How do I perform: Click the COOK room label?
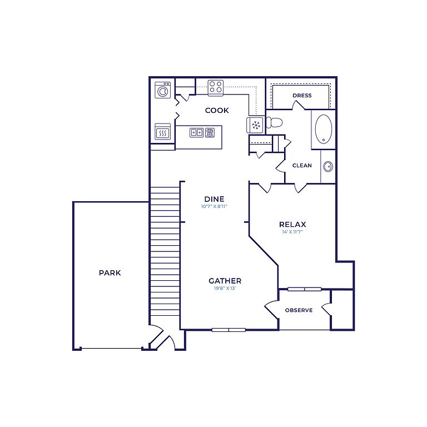pyautogui.click(x=217, y=110)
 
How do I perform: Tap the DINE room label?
pyautogui.click(x=214, y=199)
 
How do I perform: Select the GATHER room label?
pyautogui.click(x=225, y=281)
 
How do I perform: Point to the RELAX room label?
pyautogui.click(x=292, y=225)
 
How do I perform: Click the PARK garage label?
pyautogui.click(x=110, y=272)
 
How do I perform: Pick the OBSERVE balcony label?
pyautogui.click(x=299, y=310)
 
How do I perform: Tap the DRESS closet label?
pyautogui.click(x=302, y=95)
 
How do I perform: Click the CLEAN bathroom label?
pyautogui.click(x=302, y=165)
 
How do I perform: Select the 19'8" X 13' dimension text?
pyautogui.click(x=225, y=289)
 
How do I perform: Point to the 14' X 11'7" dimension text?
pyautogui.click(x=292, y=232)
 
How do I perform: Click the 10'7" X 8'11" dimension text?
pyautogui.click(x=214, y=206)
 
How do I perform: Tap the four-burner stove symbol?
pyautogui.click(x=216, y=88)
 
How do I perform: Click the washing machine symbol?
pyautogui.click(x=163, y=90)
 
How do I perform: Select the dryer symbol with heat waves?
pyautogui.click(x=163, y=132)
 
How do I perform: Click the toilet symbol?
pyautogui.click(x=274, y=122)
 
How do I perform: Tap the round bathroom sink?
pyautogui.click(x=328, y=166)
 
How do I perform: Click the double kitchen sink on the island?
pyautogui.click(x=196, y=133)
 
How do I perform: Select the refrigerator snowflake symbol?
pyautogui.click(x=255, y=125)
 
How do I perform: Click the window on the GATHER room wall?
pyautogui.click(x=229, y=330)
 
